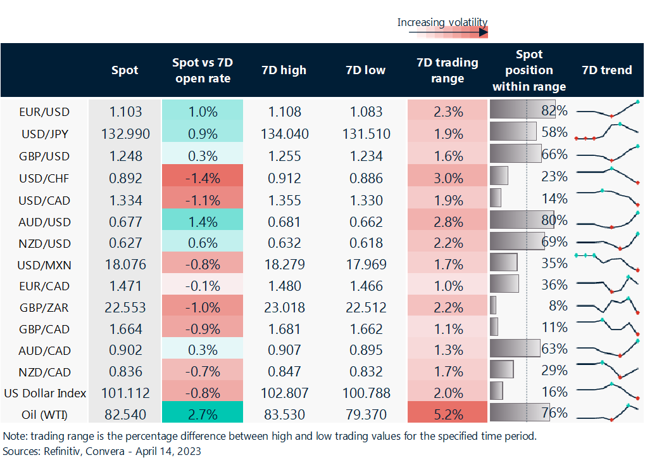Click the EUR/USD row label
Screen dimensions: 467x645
[44, 112]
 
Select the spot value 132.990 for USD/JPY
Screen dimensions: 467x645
[125, 134]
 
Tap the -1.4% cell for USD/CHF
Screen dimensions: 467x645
[203, 178]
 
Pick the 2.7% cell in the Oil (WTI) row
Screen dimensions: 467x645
[203, 415]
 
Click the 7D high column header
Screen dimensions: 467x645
[284, 70]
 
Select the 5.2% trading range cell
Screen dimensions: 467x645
[448, 415]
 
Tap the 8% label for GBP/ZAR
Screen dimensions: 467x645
[558, 307]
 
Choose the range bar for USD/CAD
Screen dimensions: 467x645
[496, 198]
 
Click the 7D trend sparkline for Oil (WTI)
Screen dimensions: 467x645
[608, 413]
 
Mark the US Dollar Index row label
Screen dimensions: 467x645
[44, 393]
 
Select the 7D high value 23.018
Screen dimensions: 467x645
[284, 307]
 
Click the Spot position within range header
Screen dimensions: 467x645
[529, 70]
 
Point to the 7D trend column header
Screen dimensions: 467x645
[607, 70]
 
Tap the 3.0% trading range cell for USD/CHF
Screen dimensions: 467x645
[448, 178]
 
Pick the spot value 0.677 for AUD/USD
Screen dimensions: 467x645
[125, 222]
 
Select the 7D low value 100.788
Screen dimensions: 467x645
[366, 393]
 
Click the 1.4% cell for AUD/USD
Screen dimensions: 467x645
[203, 222]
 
